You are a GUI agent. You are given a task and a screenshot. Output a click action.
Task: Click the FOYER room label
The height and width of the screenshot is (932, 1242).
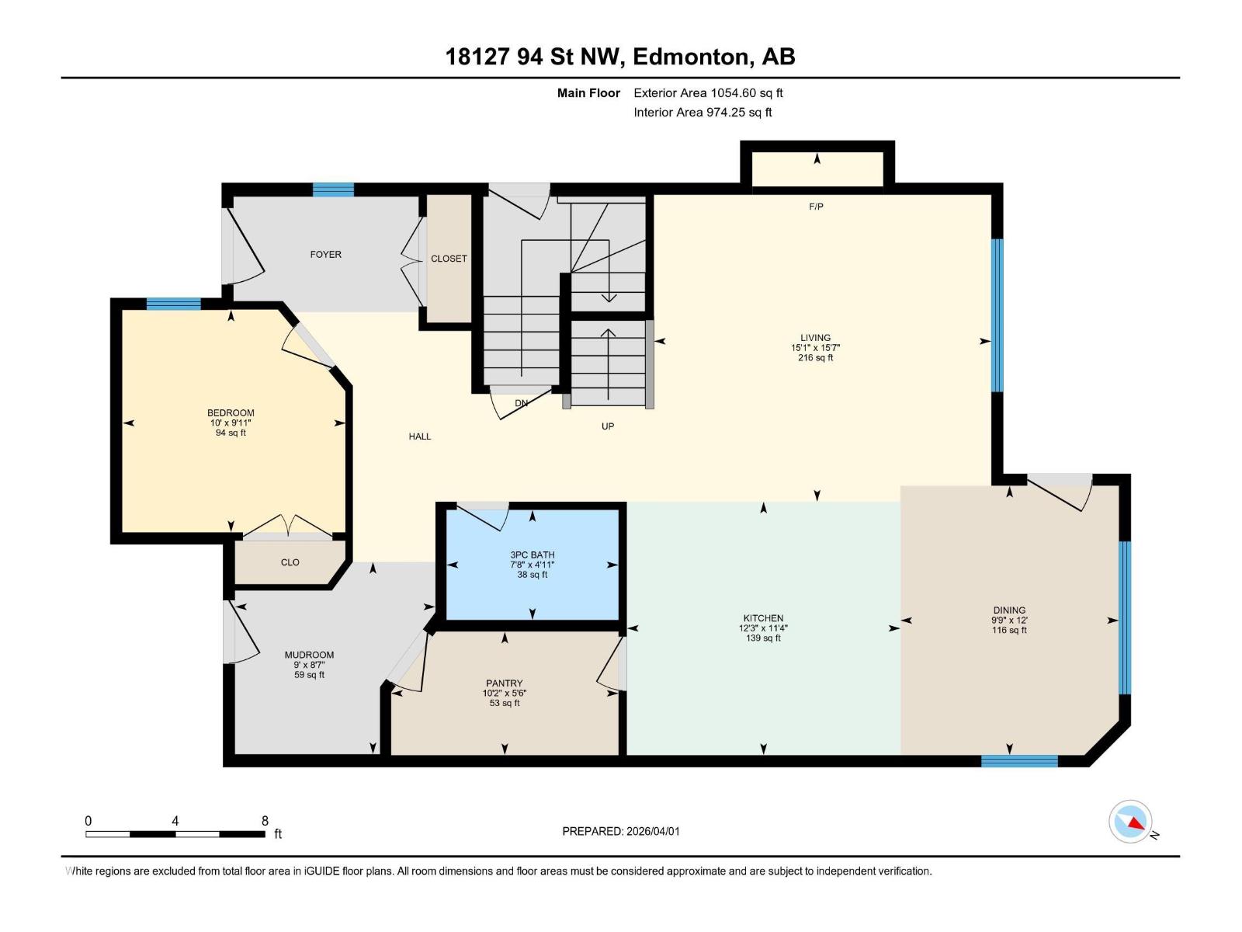click(x=325, y=255)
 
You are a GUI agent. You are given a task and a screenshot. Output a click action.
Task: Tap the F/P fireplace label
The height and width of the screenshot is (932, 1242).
click(x=816, y=207)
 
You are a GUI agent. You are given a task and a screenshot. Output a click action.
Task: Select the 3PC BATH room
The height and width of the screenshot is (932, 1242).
click(x=533, y=565)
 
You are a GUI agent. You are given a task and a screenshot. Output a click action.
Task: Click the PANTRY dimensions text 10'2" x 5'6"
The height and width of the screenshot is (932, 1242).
click(x=505, y=694)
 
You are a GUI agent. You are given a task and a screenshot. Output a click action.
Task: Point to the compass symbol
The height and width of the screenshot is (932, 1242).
click(x=1130, y=822)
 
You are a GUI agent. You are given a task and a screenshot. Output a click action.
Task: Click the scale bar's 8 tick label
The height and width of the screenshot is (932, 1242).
click(x=265, y=821)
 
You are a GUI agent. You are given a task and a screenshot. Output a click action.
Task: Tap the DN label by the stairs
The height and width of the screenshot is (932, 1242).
click(x=522, y=403)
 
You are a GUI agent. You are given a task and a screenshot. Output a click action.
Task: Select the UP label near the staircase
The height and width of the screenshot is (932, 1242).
click(x=608, y=426)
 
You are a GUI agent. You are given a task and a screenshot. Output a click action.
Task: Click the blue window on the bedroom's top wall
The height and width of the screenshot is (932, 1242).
click(x=174, y=304)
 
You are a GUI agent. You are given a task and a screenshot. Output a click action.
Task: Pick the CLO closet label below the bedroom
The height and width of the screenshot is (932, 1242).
click(x=290, y=562)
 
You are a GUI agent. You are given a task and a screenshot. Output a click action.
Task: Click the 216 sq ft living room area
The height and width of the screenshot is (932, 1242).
click(x=816, y=358)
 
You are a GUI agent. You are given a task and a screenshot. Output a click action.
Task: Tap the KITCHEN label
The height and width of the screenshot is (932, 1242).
click(x=763, y=618)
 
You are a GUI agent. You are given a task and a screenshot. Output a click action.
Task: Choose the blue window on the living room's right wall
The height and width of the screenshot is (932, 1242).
click(x=997, y=315)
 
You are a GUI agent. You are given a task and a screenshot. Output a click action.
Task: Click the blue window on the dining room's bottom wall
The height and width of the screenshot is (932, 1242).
click(x=1019, y=761)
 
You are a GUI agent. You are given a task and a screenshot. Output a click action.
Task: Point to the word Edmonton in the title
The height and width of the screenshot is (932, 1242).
click(x=690, y=57)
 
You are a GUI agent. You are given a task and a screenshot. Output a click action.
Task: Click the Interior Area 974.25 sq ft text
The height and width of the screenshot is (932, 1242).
click(x=703, y=113)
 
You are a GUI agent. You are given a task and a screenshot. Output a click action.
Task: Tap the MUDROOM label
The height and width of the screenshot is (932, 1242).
click(x=309, y=655)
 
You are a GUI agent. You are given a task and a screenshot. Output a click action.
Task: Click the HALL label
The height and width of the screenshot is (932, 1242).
click(x=420, y=436)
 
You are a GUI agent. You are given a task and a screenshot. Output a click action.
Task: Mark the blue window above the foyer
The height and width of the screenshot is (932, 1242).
click(x=333, y=189)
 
